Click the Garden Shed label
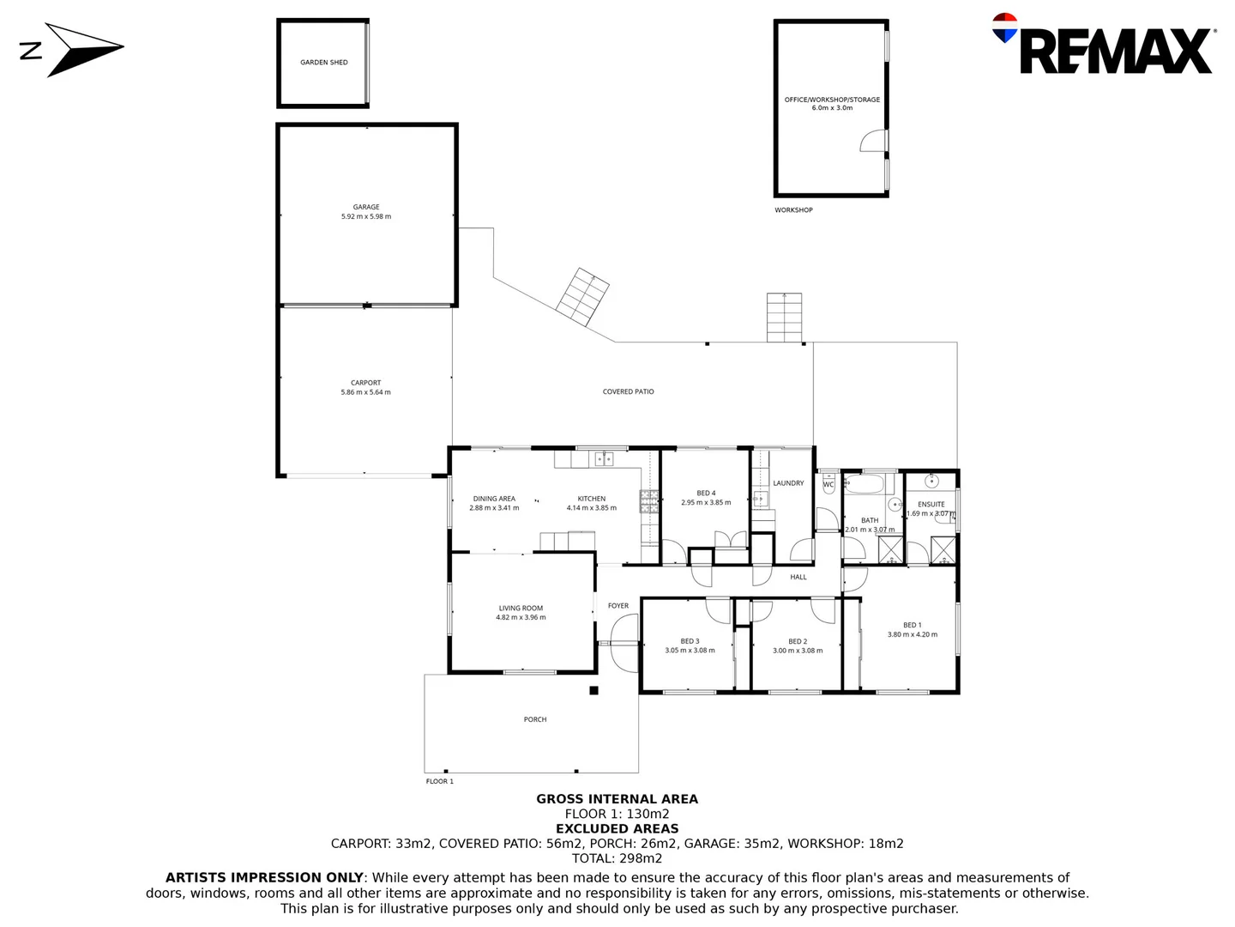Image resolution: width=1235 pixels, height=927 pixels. (x=324, y=63)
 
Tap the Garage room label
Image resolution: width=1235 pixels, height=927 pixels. (x=366, y=207)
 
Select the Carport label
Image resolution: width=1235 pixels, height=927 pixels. (x=366, y=383)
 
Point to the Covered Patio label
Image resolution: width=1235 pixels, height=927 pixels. (x=629, y=391)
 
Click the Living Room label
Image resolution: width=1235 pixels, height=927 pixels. (x=521, y=609)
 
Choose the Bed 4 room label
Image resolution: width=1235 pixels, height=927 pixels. (x=706, y=494)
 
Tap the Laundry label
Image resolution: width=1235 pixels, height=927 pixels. (x=788, y=483)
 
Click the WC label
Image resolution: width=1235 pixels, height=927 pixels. (x=828, y=485)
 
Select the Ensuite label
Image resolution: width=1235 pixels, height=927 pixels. (x=931, y=505)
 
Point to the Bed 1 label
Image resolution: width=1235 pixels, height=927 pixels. (x=913, y=626)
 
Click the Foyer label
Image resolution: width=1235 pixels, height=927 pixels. (x=618, y=606)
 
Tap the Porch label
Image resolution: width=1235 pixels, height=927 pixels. (x=535, y=719)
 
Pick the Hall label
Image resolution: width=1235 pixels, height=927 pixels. (x=798, y=578)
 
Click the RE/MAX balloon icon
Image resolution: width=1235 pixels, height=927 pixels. (x=1004, y=28)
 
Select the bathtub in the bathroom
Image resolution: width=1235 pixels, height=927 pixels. (x=864, y=485)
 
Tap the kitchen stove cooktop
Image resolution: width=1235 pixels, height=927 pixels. (x=648, y=501)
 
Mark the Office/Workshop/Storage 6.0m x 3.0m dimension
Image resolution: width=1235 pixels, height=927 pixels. (x=832, y=108)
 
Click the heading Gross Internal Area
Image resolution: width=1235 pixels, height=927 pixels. (x=617, y=799)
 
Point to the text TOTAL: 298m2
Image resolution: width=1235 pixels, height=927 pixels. (x=617, y=858)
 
